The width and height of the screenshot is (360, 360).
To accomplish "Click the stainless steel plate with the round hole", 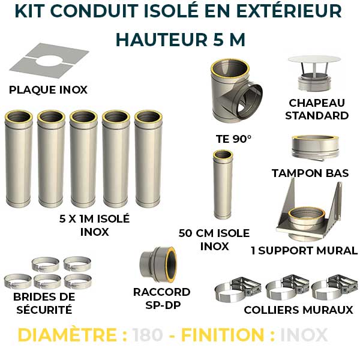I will [49, 62].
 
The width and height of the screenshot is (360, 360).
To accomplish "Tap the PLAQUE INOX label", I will [49, 90].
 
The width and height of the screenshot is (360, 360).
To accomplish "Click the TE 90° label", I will [234, 139].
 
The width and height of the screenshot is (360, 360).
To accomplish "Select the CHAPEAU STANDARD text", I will [317, 109].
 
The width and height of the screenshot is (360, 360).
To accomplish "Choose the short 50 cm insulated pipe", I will [221, 186].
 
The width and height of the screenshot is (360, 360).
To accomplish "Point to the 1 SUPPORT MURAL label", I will [304, 250].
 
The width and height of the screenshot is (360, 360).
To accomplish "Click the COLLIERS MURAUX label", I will [298, 310].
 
